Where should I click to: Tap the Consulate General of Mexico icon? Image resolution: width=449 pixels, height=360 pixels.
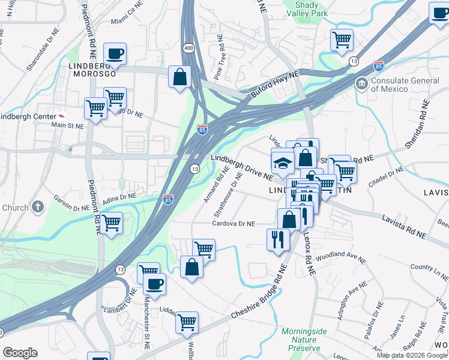362,82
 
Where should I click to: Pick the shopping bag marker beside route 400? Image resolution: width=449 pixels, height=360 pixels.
179,77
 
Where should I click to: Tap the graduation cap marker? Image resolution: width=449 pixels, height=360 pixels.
282,163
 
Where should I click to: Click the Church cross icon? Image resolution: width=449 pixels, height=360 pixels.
38,208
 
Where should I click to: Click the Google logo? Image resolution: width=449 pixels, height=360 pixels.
20,353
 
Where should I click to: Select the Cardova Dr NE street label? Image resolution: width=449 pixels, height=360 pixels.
234,224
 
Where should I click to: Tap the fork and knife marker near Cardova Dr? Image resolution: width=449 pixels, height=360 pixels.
277,239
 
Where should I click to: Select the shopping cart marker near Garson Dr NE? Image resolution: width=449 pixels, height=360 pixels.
112,223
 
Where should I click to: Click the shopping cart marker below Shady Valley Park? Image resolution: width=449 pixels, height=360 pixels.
342,40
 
